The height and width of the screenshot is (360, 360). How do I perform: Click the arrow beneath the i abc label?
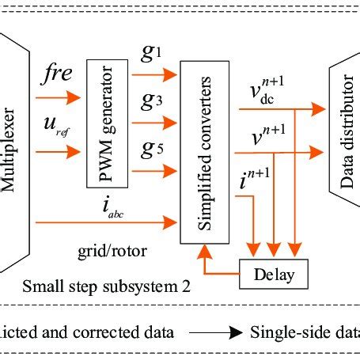(103, 224)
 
